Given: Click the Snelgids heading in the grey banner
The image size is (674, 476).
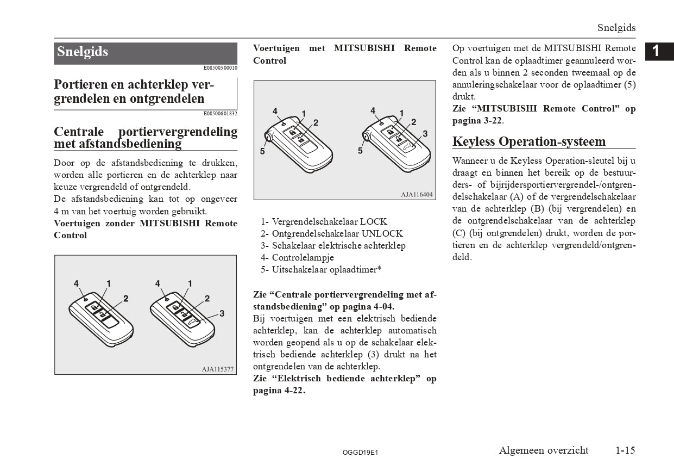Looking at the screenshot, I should click(x=83, y=52).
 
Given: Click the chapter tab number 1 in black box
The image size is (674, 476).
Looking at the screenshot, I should click(x=656, y=51).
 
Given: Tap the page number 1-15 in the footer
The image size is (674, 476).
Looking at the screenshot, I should click(x=625, y=450).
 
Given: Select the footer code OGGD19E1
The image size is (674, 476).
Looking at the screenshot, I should click(x=360, y=452).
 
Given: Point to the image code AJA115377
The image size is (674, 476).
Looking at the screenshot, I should click(x=218, y=369).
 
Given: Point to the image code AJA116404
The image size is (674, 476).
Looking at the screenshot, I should click(x=417, y=194).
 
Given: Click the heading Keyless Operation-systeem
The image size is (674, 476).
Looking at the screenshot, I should click(x=529, y=142).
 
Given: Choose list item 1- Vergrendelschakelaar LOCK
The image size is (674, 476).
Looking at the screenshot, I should click(x=324, y=222).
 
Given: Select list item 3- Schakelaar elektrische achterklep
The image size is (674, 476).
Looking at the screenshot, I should click(x=333, y=246).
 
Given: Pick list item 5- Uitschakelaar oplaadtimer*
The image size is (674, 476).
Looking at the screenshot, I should click(x=320, y=270).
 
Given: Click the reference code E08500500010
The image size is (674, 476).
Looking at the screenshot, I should click(x=220, y=68).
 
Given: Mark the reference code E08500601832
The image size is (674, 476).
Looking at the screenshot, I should click(x=220, y=114).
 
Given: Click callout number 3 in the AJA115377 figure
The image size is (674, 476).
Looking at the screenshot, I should click(x=222, y=313).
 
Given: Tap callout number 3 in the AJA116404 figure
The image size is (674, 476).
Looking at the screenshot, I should click(x=425, y=133).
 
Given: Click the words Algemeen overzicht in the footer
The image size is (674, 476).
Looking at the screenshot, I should click(x=544, y=450).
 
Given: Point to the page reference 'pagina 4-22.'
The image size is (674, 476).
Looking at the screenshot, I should click(x=279, y=391).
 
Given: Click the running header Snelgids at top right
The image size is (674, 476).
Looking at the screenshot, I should click(x=616, y=28).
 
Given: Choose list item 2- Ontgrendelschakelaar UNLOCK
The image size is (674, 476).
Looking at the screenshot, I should click(x=331, y=234).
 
